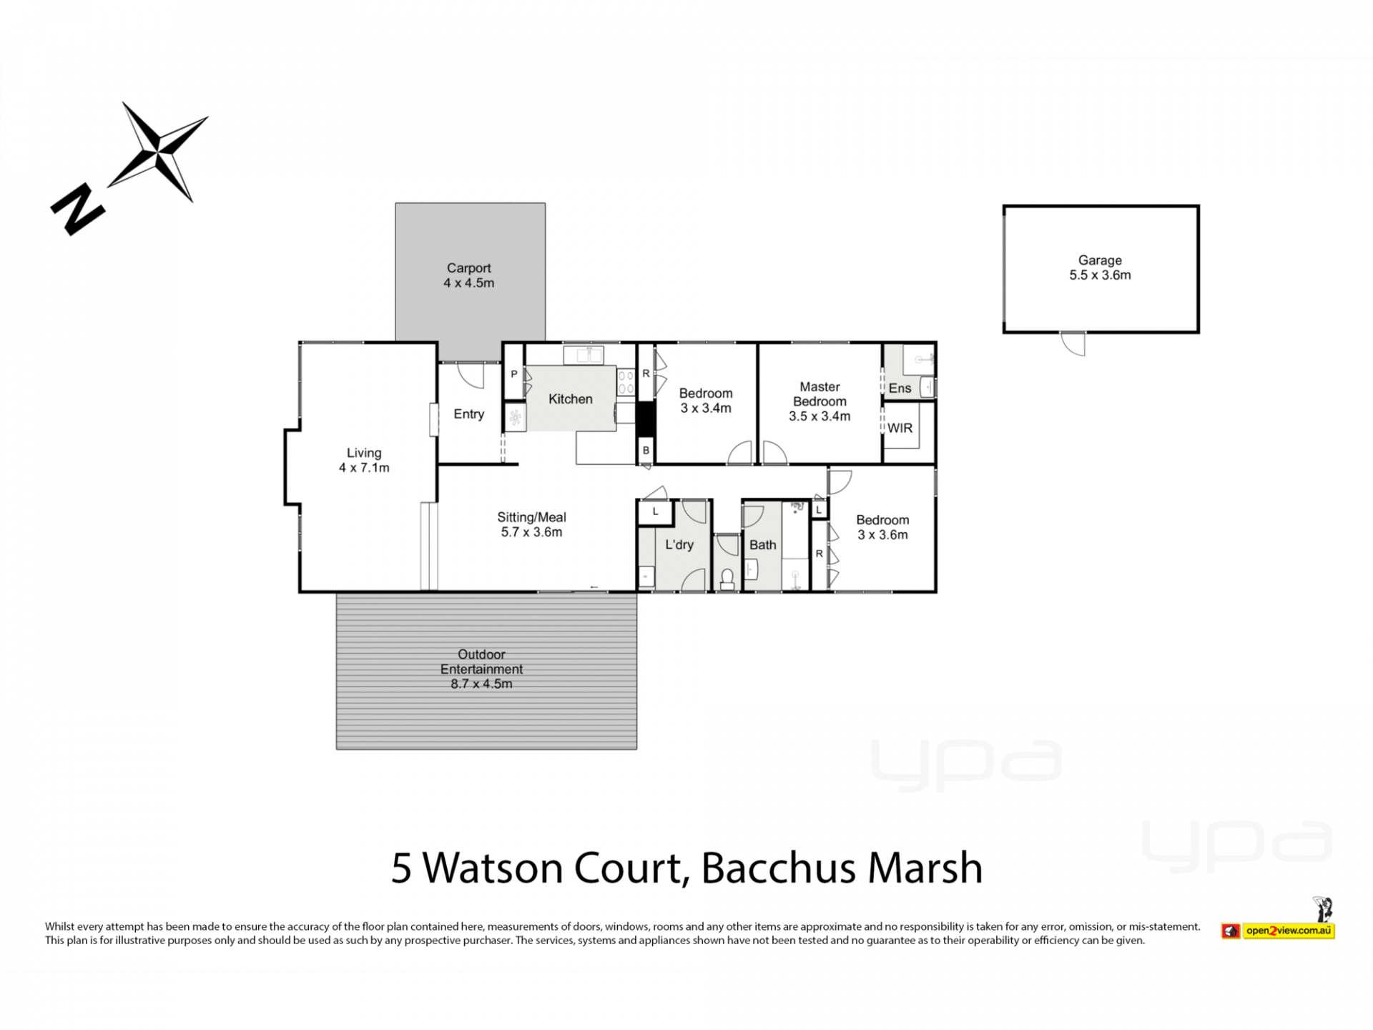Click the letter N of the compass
coord(78,210)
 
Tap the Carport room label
coord(469,275)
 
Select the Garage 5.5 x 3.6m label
coord(1100,268)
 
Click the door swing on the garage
coord(1073,344)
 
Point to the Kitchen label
coord(571,399)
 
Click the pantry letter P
coord(514,374)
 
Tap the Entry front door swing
coord(471,376)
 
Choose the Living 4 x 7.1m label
coord(364,460)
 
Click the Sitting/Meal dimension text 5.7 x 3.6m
coord(531,532)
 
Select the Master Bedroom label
coord(820,401)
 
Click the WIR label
coord(900,428)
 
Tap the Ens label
coord(900,388)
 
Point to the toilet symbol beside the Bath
coord(727,579)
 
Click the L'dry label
coord(679,544)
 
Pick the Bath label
coord(763,545)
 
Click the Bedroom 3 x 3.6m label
coord(882,527)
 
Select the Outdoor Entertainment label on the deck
coord(481,662)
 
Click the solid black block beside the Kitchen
coord(646,419)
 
